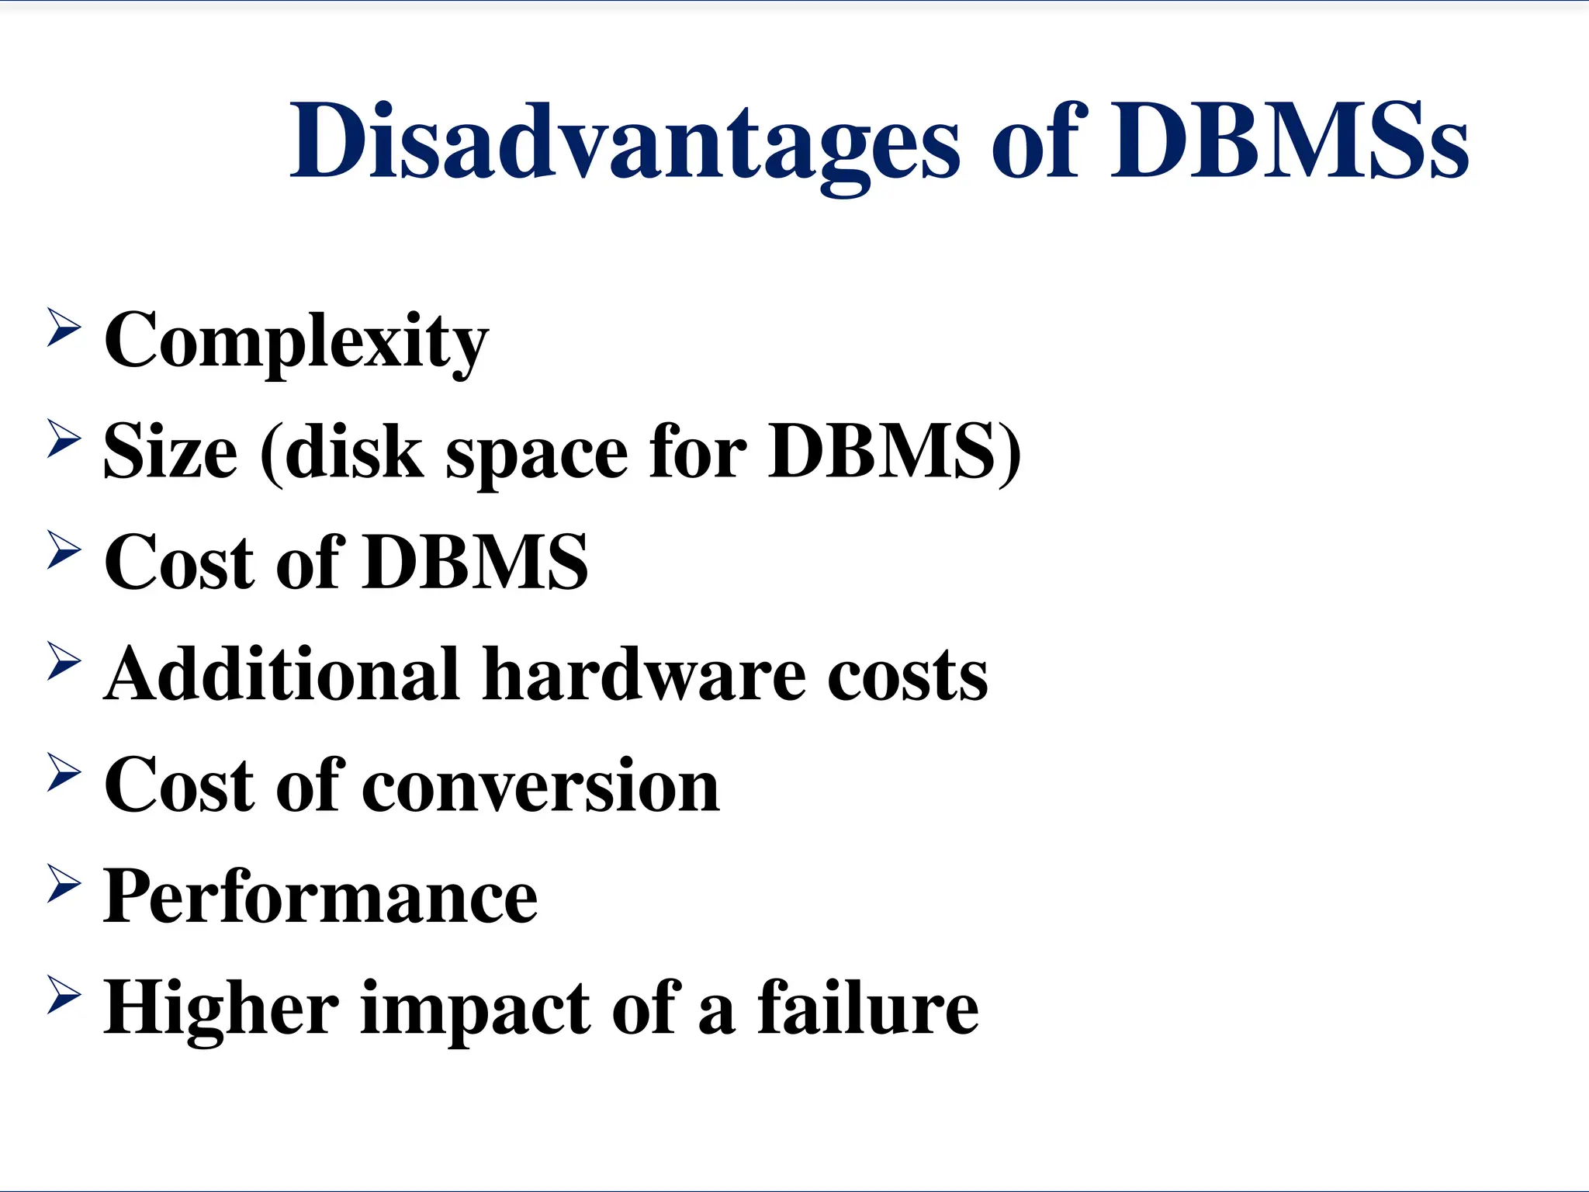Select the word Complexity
(x=296, y=341)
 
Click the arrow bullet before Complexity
(x=64, y=327)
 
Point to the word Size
(x=170, y=452)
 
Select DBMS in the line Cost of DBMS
(x=476, y=562)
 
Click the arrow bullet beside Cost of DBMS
(x=64, y=549)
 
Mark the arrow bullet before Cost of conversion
(x=64, y=772)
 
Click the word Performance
(x=320, y=897)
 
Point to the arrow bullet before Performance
(x=64, y=883)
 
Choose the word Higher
(x=221, y=1009)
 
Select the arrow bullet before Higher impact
(x=64, y=995)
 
